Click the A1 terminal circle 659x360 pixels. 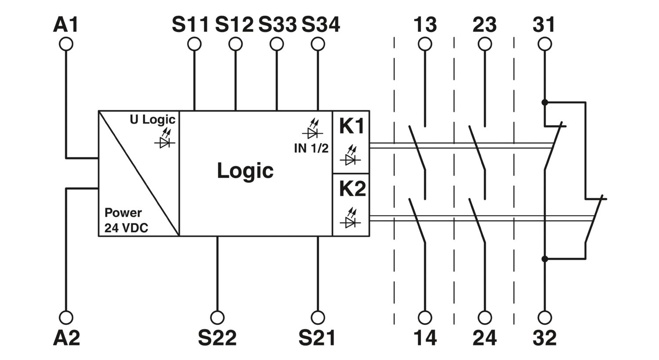pyautogui.click(x=66, y=44)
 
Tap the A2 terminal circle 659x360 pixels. pyautogui.click(x=66, y=317)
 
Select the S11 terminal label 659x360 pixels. pyautogui.click(x=190, y=25)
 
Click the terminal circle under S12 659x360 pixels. pyautogui.click(x=235, y=44)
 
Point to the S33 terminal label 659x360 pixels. pyautogui.click(x=277, y=25)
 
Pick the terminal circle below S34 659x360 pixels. pyautogui.click(x=318, y=44)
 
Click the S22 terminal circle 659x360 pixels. pyautogui.click(x=217, y=317)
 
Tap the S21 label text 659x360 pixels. pyautogui.click(x=317, y=338)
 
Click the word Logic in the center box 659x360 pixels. pyautogui.click(x=245, y=171)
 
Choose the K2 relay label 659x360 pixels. pyautogui.click(x=352, y=189)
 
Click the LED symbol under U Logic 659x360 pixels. pyautogui.click(x=165, y=138)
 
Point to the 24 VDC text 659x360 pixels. pyautogui.click(x=126, y=228)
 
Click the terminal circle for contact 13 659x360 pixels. pyautogui.click(x=425, y=44)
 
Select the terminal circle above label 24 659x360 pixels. pyautogui.click(x=485, y=317)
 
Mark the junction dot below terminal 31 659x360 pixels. pyautogui.click(x=545, y=102)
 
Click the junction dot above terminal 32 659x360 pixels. pyautogui.click(x=545, y=259)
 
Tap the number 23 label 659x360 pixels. pyautogui.click(x=485, y=25)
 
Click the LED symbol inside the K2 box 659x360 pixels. pyautogui.click(x=350, y=218)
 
